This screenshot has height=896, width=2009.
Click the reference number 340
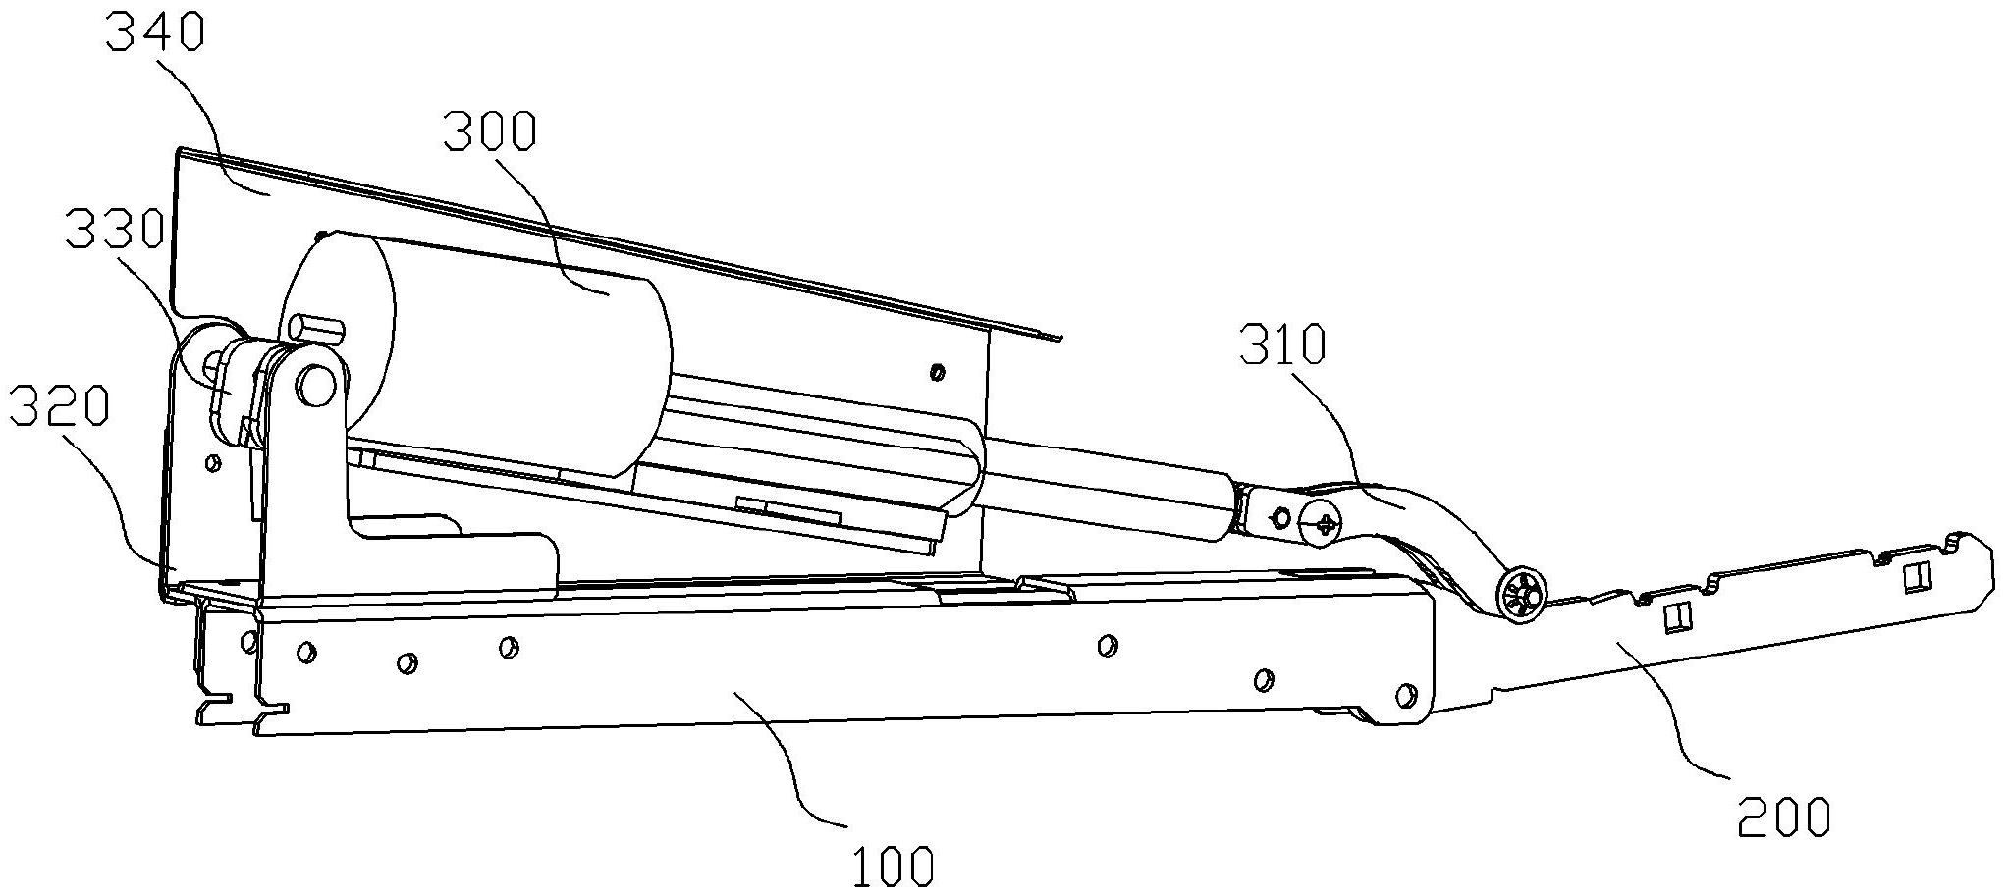click(155, 33)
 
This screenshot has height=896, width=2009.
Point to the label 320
click(58, 406)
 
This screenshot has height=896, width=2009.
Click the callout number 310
click(1283, 344)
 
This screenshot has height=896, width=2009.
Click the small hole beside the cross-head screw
click(1280, 516)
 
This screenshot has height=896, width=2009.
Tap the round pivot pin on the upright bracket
click(315, 383)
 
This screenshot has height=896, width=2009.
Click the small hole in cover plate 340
click(937, 372)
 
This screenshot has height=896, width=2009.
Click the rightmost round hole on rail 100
click(1406, 696)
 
